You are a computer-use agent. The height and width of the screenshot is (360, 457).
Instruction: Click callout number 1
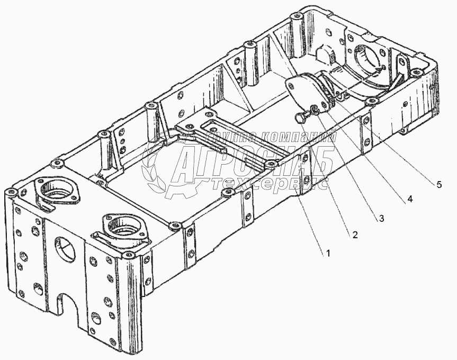[328, 253]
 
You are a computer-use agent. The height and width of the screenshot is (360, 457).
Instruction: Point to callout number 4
[408, 200]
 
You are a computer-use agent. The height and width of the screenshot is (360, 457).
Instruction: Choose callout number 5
[438, 185]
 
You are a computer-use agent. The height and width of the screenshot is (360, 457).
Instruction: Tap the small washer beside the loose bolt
[314, 110]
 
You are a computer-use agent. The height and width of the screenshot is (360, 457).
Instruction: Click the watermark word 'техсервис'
[270, 183]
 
